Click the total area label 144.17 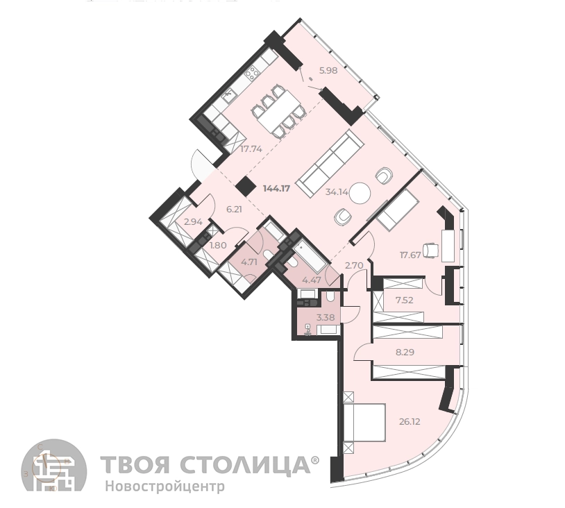pos(276,189)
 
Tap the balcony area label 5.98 pos(328,71)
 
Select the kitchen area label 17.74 pos(251,149)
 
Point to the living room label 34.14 pos(337,192)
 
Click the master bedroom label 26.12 pos(410,421)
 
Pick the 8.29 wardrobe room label pos(405,352)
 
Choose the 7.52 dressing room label pos(404,300)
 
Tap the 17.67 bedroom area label pos(410,255)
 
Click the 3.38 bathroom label pos(326,317)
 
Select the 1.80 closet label pos(218,246)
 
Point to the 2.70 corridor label pos(354,266)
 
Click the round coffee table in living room pos(360,194)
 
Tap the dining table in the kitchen pos(279,112)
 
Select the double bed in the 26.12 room pos(364,423)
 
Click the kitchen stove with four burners pos(252,74)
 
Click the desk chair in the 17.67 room pos(430,251)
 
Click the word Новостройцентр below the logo pos(165,486)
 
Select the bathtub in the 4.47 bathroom pos(310,257)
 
